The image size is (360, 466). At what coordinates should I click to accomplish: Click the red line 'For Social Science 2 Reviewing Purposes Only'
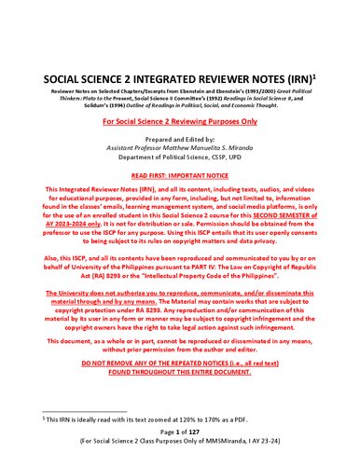coord(179,123)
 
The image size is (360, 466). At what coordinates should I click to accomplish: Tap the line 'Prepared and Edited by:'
coord(179,139)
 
